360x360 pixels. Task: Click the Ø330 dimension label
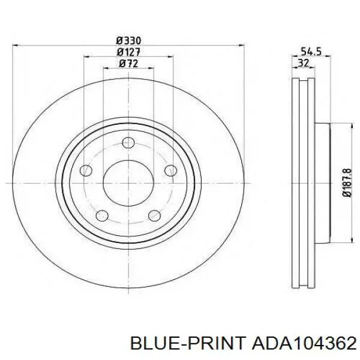[128, 41]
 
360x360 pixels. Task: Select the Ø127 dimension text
[128, 52]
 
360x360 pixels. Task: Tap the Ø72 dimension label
[128, 64]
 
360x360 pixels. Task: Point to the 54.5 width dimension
[311, 52]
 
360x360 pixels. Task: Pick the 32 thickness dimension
[304, 62]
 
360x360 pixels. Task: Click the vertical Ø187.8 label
[346, 182]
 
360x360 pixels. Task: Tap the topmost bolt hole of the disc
[128, 143]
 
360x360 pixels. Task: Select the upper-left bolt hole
[86, 170]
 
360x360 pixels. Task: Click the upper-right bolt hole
[171, 170]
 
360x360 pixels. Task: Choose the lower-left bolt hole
[102, 215]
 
